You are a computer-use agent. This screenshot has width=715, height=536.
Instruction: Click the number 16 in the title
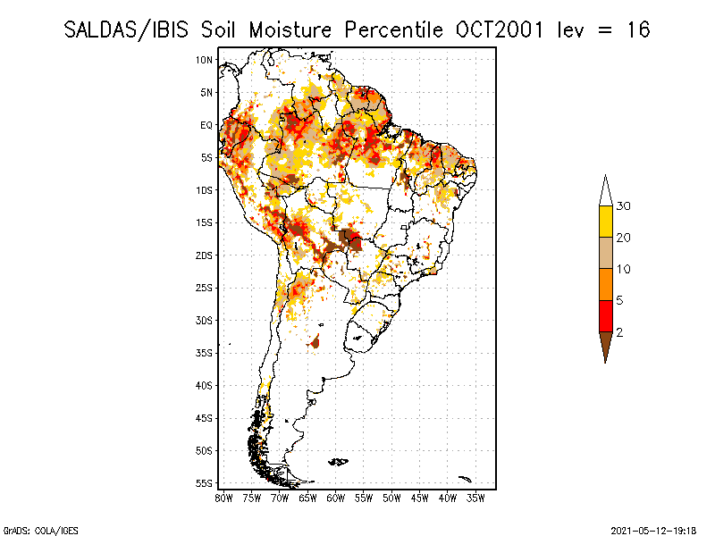637,30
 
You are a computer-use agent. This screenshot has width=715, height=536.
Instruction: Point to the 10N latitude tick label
204,60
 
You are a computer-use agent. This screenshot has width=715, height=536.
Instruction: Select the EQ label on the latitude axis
206,125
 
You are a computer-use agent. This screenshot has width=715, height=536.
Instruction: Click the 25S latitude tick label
204,288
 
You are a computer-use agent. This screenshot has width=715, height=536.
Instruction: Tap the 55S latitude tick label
204,483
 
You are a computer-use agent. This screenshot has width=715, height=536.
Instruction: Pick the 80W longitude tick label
223,497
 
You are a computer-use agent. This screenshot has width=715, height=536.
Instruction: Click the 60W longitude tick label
335,497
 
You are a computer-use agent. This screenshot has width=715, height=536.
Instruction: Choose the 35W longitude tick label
475,497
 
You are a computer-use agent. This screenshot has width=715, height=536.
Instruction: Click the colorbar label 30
624,206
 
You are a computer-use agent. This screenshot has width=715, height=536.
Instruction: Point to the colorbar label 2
619,332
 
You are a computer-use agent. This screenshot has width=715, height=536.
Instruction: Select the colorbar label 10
624,269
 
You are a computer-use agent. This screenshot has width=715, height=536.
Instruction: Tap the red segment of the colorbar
605,315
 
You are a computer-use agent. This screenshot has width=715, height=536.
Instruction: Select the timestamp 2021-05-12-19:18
653,530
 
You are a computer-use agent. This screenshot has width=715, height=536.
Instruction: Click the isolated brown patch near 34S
315,341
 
